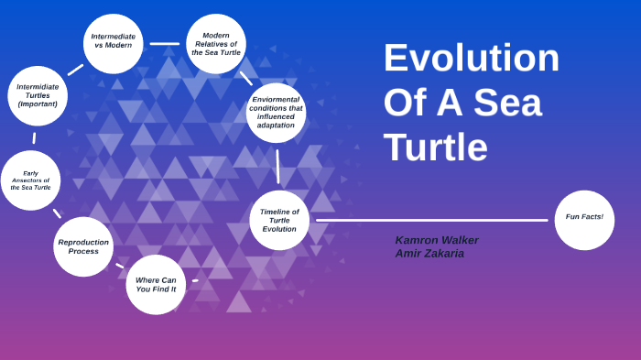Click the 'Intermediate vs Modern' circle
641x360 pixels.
114,42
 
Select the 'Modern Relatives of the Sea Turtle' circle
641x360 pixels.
216,43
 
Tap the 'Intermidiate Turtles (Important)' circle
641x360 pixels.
38,95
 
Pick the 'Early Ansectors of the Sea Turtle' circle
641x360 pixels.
30,180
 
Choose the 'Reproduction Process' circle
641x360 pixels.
83,246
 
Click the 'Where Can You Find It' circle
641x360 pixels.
156,284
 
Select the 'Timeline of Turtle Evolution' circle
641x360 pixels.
279,220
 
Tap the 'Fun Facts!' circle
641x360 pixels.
584,219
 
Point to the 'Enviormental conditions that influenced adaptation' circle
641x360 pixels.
276,112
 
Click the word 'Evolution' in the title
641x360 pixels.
471,58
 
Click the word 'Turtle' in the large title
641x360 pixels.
435,147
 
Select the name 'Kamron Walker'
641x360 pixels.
437,240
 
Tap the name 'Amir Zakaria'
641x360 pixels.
429,254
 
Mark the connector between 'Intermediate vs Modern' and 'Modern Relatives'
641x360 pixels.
165,43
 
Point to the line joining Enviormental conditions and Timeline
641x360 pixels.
277,166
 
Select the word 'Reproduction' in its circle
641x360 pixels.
83,242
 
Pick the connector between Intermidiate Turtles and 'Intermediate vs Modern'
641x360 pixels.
75,70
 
